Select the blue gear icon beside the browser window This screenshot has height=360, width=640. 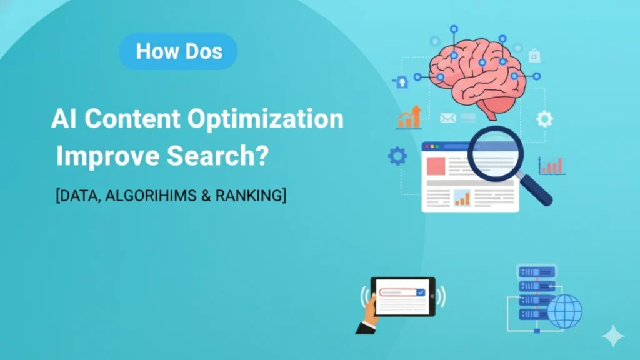pyautogui.click(x=397, y=156)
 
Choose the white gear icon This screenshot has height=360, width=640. pyautogui.click(x=544, y=118)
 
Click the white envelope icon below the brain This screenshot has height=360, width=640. pyautogui.click(x=447, y=117)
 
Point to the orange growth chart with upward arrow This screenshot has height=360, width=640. pyautogui.click(x=409, y=117)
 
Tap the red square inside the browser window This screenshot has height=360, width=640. pyautogui.click(x=436, y=166)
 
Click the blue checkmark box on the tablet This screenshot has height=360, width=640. pyautogui.click(x=421, y=292)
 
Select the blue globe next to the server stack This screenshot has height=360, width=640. pyautogui.click(x=564, y=311)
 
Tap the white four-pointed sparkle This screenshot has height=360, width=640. pyautogui.click(x=613, y=337)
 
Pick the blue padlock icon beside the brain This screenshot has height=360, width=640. pyautogui.click(x=401, y=81)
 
